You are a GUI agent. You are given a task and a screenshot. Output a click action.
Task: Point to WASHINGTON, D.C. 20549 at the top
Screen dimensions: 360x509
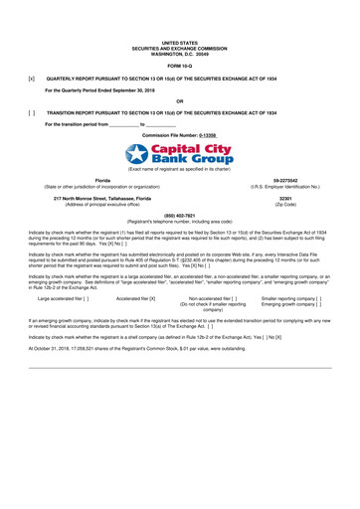coord(180,52)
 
